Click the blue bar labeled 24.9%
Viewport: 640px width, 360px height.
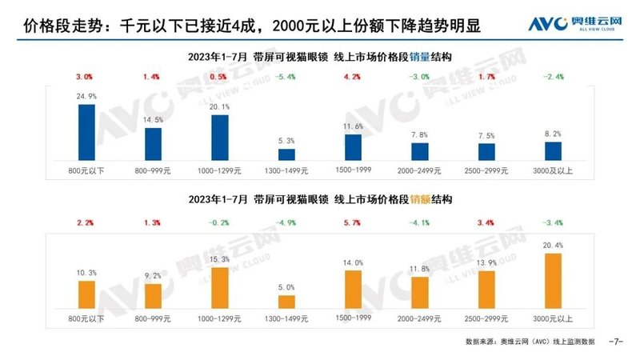(x=86, y=132)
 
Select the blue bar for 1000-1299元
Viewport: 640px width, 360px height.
(x=219, y=138)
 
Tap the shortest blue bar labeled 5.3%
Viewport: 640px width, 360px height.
(x=286, y=154)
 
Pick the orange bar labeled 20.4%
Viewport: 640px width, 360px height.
(x=552, y=281)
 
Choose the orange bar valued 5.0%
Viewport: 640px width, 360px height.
(x=286, y=302)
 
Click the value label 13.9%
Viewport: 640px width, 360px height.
(x=486, y=262)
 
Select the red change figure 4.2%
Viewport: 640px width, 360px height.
(x=353, y=77)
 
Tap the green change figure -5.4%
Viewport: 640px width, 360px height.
(x=286, y=77)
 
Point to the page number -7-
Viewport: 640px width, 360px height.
(x=616, y=342)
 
